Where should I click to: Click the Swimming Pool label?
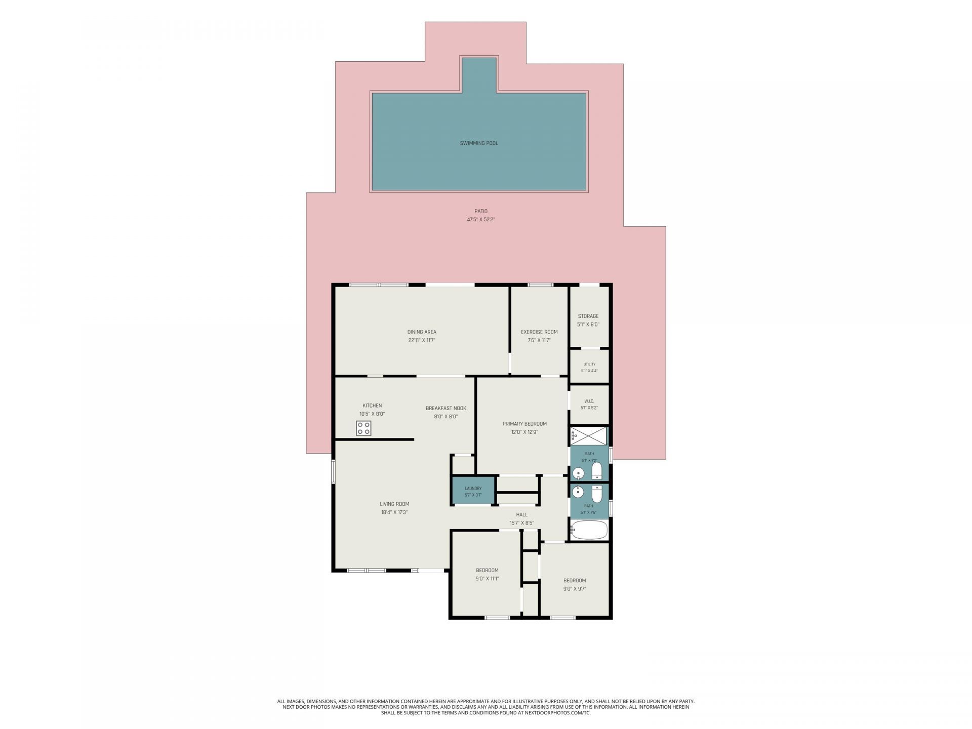[479, 143]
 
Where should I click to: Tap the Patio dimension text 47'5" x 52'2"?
[481, 220]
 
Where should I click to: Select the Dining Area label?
[422, 332]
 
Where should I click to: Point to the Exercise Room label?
[539, 332]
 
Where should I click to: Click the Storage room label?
[588, 316]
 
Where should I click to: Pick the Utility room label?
[589, 364]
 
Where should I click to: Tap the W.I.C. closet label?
[589, 401]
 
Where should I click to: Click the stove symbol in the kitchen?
[363, 428]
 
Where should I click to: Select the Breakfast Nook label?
[446, 409]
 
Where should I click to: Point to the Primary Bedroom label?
[524, 424]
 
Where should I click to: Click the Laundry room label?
[473, 489]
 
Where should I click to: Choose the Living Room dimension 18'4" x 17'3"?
[394, 512]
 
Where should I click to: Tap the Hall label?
[522, 515]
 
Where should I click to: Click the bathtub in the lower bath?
[589, 530]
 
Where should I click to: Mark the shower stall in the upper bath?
[588, 435]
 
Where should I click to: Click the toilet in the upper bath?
[596, 471]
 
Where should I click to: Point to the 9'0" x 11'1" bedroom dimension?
[487, 579]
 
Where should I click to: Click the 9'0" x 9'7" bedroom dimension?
[575, 589]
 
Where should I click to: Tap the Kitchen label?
[372, 406]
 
